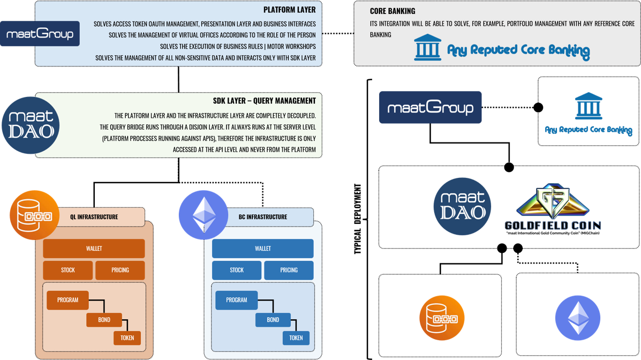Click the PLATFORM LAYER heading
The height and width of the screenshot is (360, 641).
click(x=289, y=10)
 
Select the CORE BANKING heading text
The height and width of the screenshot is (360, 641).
click(x=393, y=11)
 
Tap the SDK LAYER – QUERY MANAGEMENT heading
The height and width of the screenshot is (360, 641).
click(x=264, y=101)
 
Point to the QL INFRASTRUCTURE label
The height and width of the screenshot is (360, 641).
click(x=94, y=217)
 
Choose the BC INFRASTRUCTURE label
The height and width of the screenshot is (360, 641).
click(x=262, y=217)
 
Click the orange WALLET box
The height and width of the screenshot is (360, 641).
click(x=94, y=249)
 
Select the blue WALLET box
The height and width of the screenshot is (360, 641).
click(x=262, y=249)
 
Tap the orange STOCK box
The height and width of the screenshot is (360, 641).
click(x=68, y=270)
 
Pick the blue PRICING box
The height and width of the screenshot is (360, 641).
click(x=289, y=270)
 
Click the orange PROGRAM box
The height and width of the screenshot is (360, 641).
click(x=67, y=300)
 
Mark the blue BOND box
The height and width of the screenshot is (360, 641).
click(x=273, y=320)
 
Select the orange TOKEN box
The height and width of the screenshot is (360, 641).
click(x=127, y=338)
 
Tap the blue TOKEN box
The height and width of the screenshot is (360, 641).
click(x=296, y=338)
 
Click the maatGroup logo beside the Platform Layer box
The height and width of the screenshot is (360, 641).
click(x=40, y=34)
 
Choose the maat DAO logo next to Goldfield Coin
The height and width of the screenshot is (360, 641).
click(x=462, y=206)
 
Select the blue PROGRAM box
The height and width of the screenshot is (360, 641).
click(x=236, y=300)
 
